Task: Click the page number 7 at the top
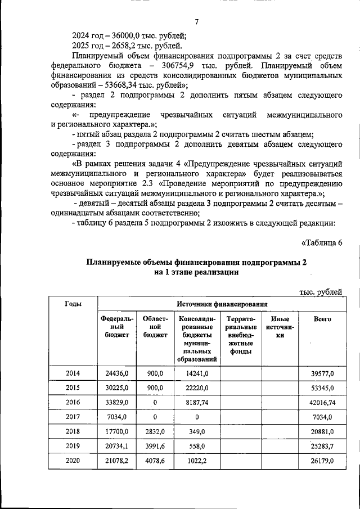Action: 197,22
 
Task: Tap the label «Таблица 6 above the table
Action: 322,242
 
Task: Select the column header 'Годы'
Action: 73,304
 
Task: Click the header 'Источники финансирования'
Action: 222,304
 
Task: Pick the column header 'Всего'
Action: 322,319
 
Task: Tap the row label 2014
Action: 73,373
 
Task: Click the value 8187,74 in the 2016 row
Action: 197,403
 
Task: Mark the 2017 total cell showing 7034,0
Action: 322,417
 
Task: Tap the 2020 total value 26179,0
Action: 322,461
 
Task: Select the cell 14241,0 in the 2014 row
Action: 197,373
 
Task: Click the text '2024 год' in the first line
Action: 89,34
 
